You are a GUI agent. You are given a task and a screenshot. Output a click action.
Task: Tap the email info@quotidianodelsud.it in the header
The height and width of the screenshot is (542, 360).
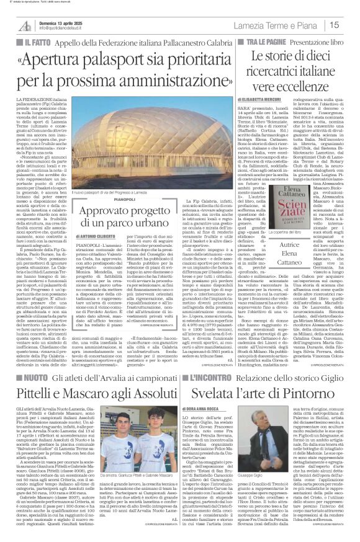[58, 28]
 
